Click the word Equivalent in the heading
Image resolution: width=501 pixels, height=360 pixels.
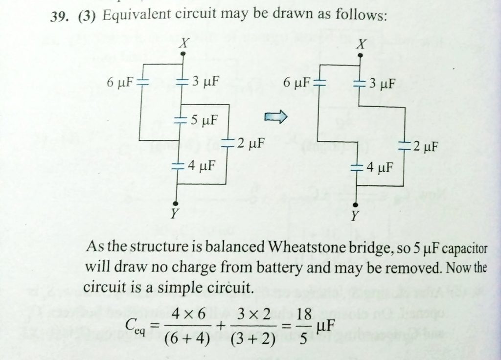134,17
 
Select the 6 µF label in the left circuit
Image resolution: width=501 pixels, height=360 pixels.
120,82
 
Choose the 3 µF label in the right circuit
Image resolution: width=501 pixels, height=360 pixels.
381,83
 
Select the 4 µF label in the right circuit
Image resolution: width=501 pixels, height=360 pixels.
379,168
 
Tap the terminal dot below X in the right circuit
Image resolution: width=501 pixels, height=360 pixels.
360,56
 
